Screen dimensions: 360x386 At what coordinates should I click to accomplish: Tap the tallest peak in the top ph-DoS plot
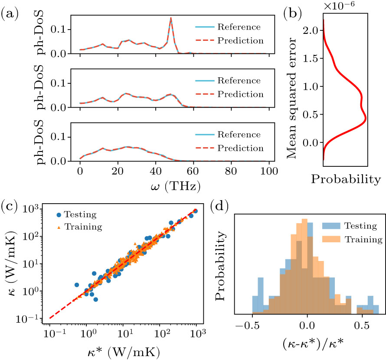[x=171, y=18]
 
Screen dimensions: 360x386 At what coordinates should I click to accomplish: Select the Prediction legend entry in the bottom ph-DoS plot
[x=232, y=148]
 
